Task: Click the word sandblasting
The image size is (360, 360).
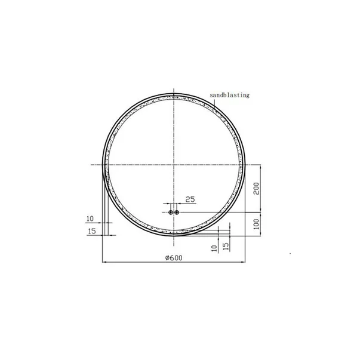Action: tap(230, 94)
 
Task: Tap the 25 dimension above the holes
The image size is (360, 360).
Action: tap(190, 199)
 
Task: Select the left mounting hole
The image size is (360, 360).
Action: tap(171, 212)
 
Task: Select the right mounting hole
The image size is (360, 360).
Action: tap(177, 212)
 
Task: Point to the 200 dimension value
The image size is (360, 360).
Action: tap(256, 189)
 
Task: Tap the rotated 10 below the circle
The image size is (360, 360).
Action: tap(214, 247)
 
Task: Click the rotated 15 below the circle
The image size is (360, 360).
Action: tap(226, 245)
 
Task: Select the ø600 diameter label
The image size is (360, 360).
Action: tap(173, 257)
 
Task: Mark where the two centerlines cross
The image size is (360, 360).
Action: tap(174, 164)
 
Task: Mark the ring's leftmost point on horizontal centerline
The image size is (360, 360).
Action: tap(103, 164)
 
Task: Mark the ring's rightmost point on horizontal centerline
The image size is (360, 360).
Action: tap(244, 164)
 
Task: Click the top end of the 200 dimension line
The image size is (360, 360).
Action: tap(260, 164)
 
